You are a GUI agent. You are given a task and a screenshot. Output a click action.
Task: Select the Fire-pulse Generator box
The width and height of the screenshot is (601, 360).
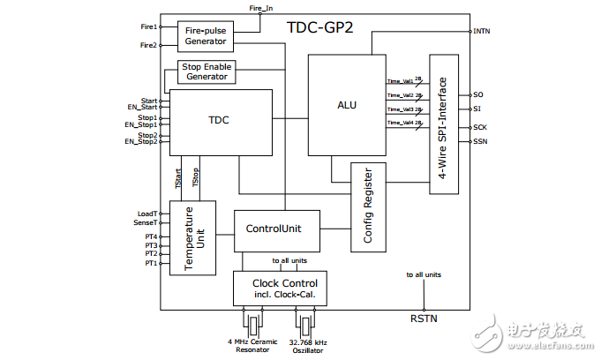[206, 35]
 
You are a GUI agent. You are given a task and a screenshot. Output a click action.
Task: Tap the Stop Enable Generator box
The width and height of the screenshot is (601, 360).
[205, 71]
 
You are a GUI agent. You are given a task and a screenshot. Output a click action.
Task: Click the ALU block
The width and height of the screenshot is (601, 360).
[347, 105]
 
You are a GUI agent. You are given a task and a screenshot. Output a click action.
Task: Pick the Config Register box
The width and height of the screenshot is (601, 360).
[369, 207]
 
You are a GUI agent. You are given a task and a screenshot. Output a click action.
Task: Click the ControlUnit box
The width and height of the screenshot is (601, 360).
[276, 228]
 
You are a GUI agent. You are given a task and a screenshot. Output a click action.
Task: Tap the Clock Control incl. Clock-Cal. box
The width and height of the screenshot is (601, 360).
[279, 288]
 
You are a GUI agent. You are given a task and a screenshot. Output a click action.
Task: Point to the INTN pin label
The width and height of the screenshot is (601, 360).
[482, 31]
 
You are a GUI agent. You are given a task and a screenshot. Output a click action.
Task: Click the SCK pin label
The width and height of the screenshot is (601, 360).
[479, 126]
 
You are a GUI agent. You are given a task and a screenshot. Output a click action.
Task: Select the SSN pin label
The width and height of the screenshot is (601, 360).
[479, 141]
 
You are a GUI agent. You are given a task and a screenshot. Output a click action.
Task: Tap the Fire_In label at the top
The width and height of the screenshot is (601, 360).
[261, 8]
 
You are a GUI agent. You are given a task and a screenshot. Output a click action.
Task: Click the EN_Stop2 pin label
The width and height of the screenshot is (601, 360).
[141, 141]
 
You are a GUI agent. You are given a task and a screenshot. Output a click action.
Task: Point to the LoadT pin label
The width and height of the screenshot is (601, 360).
[147, 214]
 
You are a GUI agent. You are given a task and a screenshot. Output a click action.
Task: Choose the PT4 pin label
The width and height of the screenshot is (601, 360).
[151, 236]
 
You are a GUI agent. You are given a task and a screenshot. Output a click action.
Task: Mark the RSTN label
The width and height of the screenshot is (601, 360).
[424, 318]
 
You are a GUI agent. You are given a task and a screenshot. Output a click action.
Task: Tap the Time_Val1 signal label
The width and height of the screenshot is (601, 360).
[401, 80]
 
